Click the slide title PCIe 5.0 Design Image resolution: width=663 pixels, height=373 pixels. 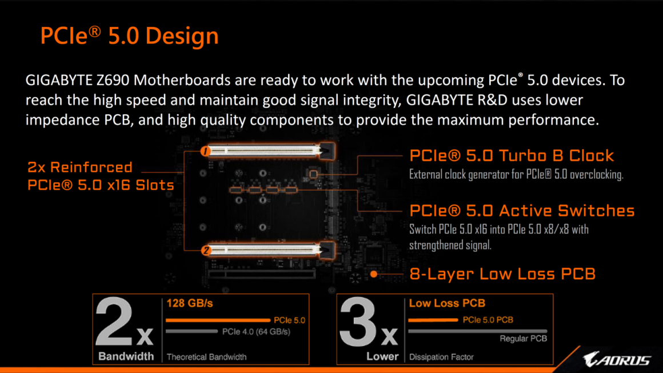129,35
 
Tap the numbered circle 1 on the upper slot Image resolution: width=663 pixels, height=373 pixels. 206,151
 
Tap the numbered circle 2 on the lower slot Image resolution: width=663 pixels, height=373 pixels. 206,250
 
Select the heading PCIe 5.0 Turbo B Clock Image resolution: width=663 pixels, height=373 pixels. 512,155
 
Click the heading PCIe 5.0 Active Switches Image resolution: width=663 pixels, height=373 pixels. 522,210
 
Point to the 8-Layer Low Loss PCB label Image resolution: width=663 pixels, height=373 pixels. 502,274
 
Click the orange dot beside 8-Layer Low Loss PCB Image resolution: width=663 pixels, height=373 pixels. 374,274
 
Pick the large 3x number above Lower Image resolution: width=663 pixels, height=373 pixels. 368,322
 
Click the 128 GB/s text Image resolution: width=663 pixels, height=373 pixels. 189,303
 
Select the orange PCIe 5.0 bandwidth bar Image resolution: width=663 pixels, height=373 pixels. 218,320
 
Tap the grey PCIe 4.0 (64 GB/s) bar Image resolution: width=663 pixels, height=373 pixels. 191,331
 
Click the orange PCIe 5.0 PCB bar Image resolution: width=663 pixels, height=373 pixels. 433,320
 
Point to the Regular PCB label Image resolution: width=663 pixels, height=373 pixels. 524,338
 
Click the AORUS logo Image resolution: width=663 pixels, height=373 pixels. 617,359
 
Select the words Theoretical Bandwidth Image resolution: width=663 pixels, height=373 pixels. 207,357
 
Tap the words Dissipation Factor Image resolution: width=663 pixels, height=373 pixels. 441,357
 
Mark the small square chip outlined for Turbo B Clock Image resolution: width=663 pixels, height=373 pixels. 313,174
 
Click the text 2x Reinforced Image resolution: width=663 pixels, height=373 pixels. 80,167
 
